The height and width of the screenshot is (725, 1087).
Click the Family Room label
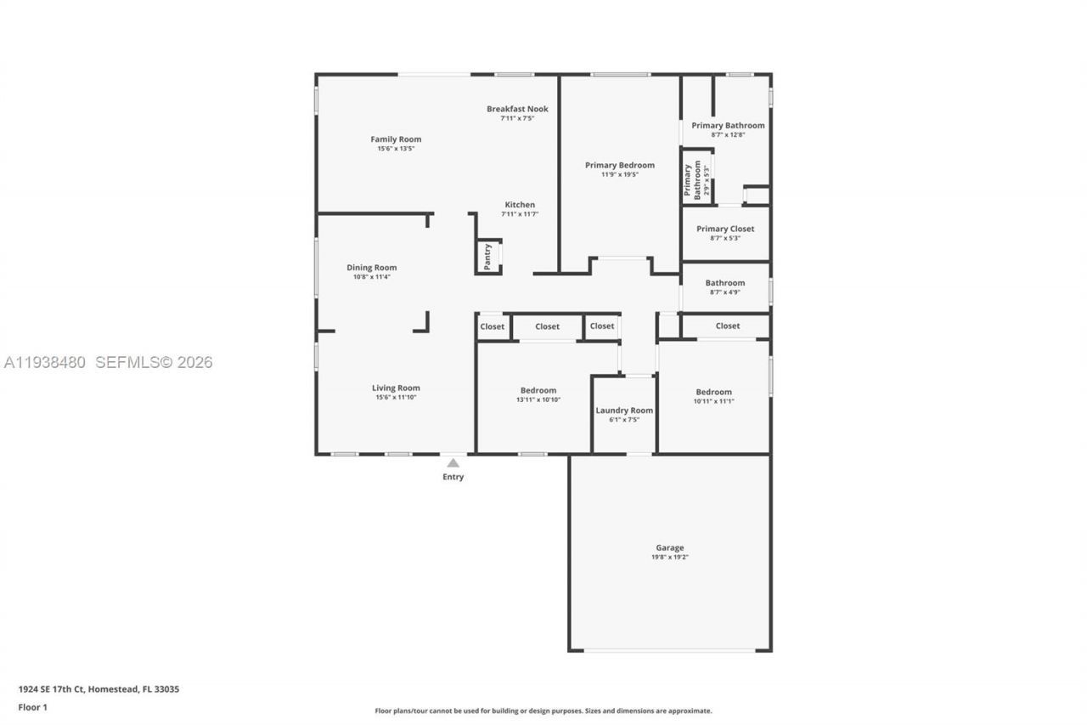[x=396, y=139]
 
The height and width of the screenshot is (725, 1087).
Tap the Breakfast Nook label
[x=517, y=109]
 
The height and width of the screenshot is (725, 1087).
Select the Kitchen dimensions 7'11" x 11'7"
[x=520, y=214]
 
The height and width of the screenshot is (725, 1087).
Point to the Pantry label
[x=487, y=257]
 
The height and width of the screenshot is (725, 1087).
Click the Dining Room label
[x=371, y=268]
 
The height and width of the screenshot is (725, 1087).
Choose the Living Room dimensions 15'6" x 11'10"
[x=396, y=397]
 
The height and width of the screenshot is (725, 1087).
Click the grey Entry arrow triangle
[x=453, y=463]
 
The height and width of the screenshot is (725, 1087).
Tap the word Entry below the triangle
[x=453, y=477]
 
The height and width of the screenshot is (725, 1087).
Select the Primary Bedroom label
[x=620, y=165]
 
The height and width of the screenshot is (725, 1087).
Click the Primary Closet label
[x=725, y=229]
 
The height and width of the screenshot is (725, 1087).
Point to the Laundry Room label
[x=624, y=411]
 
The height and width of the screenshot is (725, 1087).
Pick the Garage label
[x=669, y=547]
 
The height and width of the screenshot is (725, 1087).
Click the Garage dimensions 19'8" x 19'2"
[x=669, y=557]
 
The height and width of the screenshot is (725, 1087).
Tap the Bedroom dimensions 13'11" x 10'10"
[x=538, y=399]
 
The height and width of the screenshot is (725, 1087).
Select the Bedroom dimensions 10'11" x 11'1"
[x=713, y=401]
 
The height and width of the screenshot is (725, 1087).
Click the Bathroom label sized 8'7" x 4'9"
[x=725, y=283]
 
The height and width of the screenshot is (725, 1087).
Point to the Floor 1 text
[x=33, y=707]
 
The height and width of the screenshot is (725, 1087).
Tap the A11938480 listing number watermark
[x=45, y=363]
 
